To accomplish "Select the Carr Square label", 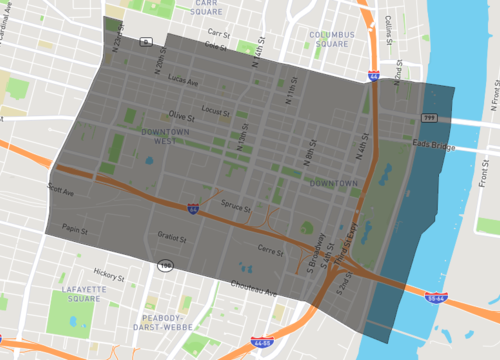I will [x=208, y=8].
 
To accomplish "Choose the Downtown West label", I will [x=164, y=136].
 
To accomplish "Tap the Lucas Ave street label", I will [x=183, y=79].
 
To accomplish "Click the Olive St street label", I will [x=181, y=116].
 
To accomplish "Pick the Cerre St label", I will [x=270, y=249].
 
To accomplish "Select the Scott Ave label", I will [x=62, y=187].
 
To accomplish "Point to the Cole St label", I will [x=215, y=45].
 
